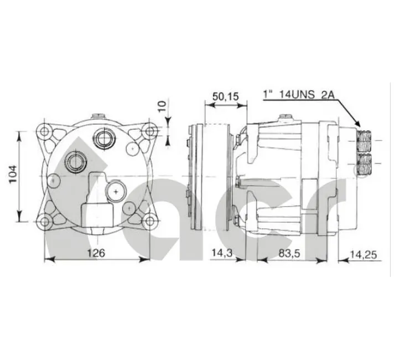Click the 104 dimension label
pyautogui.click(x=13, y=174)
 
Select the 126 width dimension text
pyautogui.click(x=96, y=253)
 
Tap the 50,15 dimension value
pyautogui.click(x=225, y=96)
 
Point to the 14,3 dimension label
pyautogui.click(x=222, y=253)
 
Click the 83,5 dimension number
pyautogui.click(x=289, y=253)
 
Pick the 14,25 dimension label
pyautogui.click(x=364, y=255)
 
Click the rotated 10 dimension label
pyautogui.click(x=162, y=106)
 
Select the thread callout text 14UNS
pyautogui.click(x=297, y=94)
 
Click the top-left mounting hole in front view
pyautogui.click(x=45, y=131)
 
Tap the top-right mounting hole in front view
pyautogui.click(x=150, y=131)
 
